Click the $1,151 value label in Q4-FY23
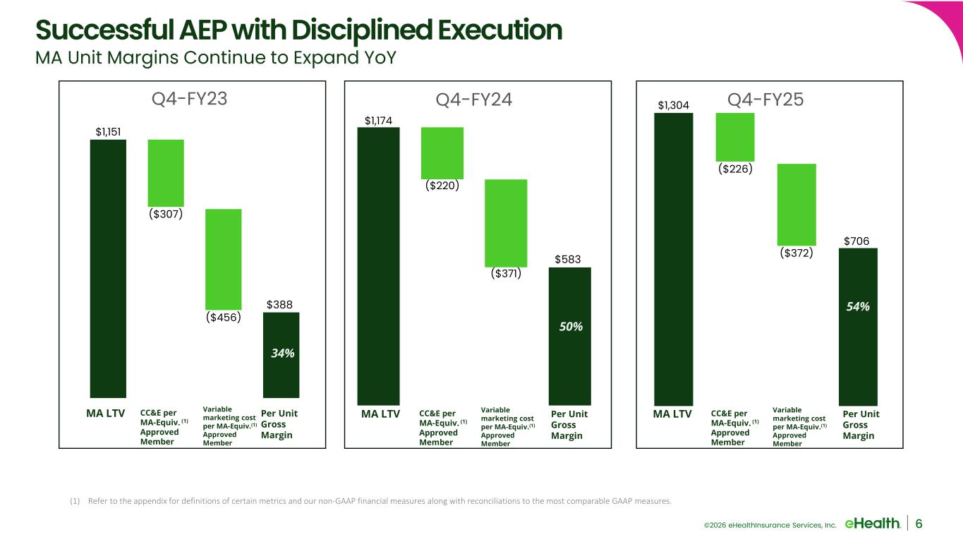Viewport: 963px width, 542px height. coord(108,131)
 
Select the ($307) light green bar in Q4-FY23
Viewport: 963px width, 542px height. coord(166,173)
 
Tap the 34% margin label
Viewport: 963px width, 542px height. coord(282,353)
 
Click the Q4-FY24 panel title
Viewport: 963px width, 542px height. coord(474,101)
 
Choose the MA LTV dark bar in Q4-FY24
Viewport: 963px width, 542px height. coord(378,265)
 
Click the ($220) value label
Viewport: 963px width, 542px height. coord(442,186)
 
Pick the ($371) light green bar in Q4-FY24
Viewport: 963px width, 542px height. coord(506,222)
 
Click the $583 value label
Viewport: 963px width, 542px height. coord(568,260)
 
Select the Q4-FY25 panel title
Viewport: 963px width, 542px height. coord(765,101)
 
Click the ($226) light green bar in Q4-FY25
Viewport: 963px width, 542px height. coord(735,137)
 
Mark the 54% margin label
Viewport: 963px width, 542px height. coord(858,307)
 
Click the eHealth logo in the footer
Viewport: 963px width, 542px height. coord(872,523)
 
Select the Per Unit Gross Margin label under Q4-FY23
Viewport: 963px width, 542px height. coord(277,424)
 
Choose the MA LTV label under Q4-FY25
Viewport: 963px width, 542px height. coord(672,414)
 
